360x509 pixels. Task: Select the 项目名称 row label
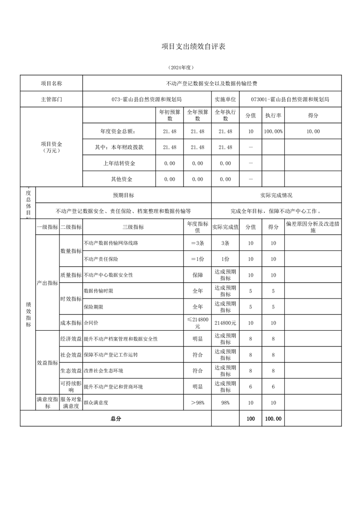click(51, 83)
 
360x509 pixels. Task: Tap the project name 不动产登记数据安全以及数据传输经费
click(212, 83)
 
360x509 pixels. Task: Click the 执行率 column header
click(273, 115)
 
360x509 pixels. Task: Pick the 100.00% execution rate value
click(273, 132)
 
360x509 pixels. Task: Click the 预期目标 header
click(123, 195)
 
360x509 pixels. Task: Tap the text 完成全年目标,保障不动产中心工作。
click(276, 211)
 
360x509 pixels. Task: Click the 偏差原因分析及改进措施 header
click(313, 227)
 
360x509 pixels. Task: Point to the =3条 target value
click(197, 243)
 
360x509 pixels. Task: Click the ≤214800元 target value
click(197, 323)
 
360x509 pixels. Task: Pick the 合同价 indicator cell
click(91, 323)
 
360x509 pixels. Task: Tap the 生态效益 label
click(70, 371)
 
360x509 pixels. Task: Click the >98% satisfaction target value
click(197, 402)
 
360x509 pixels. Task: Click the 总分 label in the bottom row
click(116, 419)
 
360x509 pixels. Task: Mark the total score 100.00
click(273, 419)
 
